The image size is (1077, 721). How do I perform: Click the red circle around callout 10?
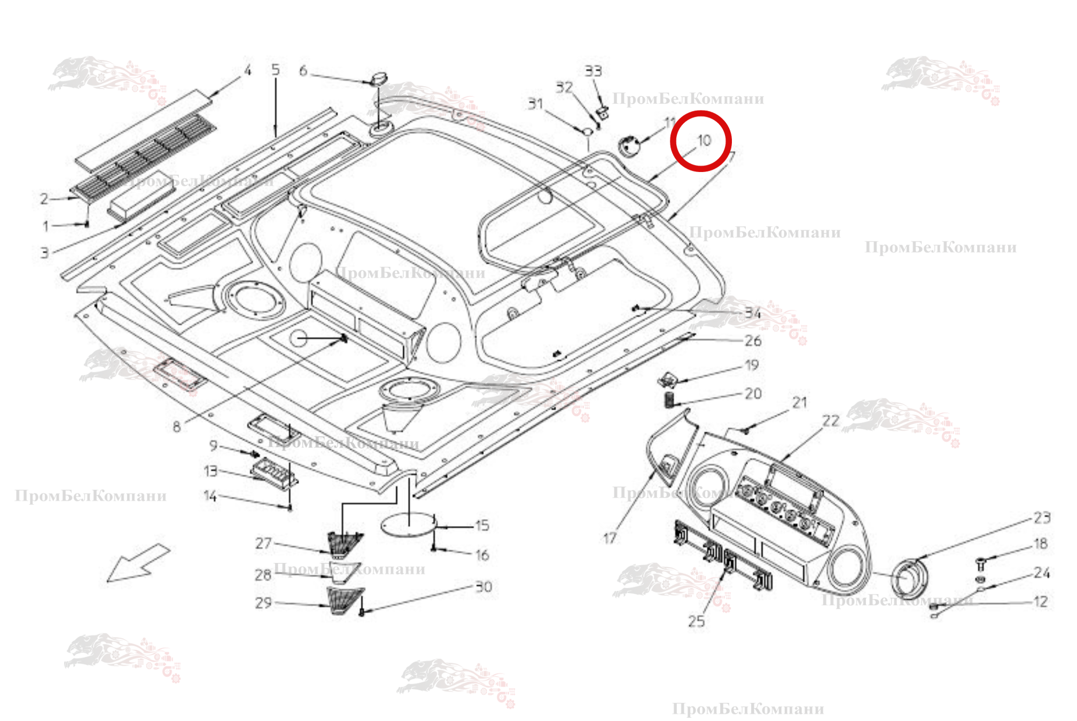pos(700,141)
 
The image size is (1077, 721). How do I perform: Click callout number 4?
pos(247,70)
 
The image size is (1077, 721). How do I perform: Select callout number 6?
pos(303,70)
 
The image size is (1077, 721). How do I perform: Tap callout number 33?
pos(593,71)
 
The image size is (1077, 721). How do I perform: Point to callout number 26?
pos(753,340)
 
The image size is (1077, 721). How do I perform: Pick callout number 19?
pos(752,365)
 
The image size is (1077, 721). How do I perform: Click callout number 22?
pos(831,421)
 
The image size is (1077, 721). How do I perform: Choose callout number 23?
pos(1042,517)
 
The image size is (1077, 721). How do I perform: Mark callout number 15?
pos(482,526)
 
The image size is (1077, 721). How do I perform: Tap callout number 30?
pos(483,586)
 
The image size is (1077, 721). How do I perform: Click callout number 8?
pos(177,426)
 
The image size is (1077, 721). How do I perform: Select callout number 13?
pos(211,471)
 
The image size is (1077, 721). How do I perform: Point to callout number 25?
pos(696,621)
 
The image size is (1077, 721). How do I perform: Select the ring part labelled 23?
pos(909,579)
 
